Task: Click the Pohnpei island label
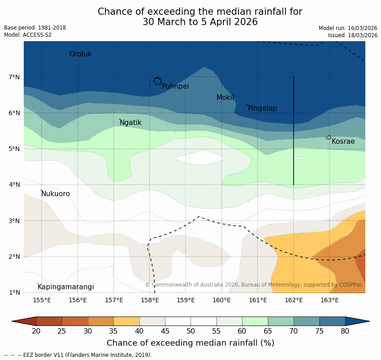click(175, 86)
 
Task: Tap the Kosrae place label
click(343, 141)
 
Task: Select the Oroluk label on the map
click(80, 54)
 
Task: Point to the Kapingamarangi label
click(65, 287)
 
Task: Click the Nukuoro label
click(56, 194)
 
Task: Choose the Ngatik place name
click(130, 123)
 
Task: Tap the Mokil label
click(225, 98)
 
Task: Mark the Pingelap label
click(262, 108)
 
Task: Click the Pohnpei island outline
click(157, 81)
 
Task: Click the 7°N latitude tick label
click(14, 77)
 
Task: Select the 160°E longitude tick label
click(222, 300)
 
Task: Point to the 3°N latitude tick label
click(14, 221)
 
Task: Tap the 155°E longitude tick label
click(42, 300)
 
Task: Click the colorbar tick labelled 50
click(191, 331)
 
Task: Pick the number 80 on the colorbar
click(345, 331)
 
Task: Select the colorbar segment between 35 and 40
click(126, 321)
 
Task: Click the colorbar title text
click(190, 343)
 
